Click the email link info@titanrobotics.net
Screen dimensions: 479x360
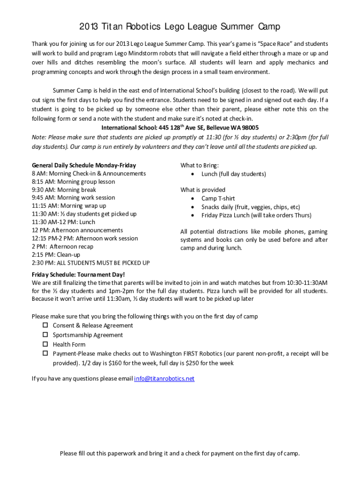tap(164, 378)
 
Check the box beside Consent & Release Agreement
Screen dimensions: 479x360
tap(46, 325)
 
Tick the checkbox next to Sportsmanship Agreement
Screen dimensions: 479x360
tap(46, 335)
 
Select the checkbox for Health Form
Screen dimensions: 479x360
tap(46, 344)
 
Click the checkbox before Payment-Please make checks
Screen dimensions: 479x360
tap(46, 354)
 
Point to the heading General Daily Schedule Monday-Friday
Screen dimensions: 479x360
tap(84, 165)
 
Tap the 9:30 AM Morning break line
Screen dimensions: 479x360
tap(64, 189)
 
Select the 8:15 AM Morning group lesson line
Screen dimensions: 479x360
tap(73, 181)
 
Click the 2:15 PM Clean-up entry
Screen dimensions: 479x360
tap(56, 254)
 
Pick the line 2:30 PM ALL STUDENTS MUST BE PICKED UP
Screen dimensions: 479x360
tap(91, 263)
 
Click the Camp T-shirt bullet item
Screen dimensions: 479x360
tap(218, 198)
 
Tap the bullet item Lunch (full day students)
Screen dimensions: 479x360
tap(233, 174)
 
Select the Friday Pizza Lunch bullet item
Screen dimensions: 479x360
tap(256, 215)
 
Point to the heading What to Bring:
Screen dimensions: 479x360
tap(199, 165)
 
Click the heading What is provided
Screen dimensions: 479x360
tap(202, 189)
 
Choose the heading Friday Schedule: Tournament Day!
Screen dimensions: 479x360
tap(78, 275)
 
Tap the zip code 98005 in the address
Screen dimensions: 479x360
tap(250, 128)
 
